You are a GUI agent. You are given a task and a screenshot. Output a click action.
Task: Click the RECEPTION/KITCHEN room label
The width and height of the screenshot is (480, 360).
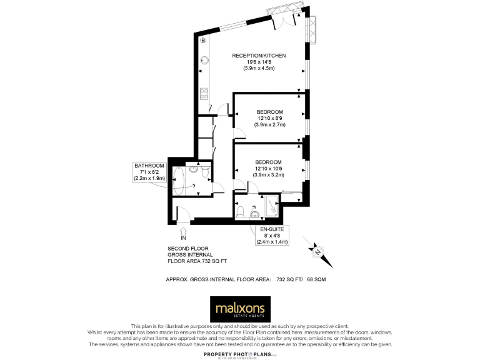259,56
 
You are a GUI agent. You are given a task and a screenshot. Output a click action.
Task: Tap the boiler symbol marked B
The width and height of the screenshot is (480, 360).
203,41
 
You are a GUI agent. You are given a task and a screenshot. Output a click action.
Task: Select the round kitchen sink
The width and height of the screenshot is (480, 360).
204,61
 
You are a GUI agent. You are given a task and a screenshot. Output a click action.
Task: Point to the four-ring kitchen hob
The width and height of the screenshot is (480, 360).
204,94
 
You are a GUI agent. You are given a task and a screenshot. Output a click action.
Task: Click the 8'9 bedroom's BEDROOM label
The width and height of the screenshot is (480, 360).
269,112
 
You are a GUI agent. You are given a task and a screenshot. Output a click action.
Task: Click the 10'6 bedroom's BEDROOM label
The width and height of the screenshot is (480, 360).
268,162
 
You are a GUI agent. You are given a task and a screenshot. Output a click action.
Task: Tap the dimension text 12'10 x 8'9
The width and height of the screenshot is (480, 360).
269,118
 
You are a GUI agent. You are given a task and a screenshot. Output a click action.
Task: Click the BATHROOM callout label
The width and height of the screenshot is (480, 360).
149,166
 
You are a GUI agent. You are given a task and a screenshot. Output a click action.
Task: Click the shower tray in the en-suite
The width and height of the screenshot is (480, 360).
272,206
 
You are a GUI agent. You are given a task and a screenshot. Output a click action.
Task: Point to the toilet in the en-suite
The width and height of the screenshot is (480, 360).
241,212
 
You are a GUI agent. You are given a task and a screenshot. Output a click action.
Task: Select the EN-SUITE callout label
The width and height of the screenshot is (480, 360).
272,229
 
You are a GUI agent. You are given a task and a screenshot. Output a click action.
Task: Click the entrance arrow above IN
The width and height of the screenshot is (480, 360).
183,231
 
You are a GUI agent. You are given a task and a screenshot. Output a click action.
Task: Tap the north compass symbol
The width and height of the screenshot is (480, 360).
316,251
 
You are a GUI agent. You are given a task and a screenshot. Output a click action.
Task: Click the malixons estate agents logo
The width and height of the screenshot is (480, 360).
240,308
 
